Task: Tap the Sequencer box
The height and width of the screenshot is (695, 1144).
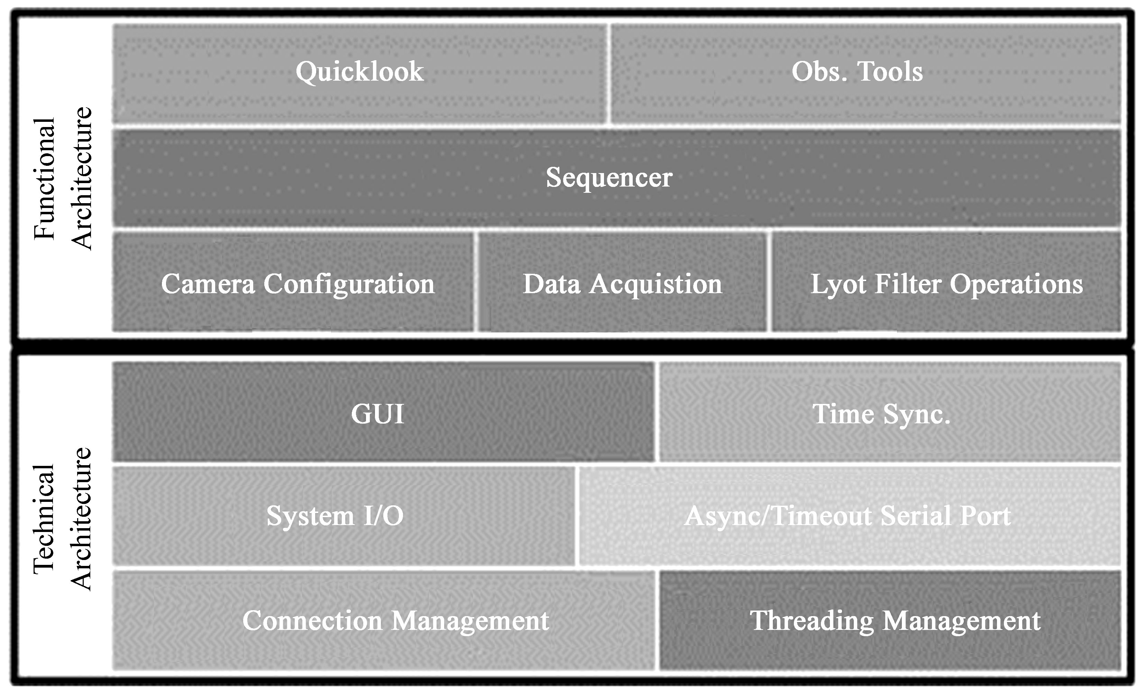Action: point(616,178)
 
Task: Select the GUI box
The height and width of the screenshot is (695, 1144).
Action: point(383,413)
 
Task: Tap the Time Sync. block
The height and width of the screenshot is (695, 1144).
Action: point(890,413)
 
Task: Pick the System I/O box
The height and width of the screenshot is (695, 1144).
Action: point(344,516)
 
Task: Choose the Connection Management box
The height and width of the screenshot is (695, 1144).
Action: point(383,620)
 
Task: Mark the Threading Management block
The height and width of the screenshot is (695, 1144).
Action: point(890,620)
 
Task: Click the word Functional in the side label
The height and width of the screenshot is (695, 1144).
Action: point(45,179)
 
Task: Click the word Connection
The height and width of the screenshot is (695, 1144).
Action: point(312,620)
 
